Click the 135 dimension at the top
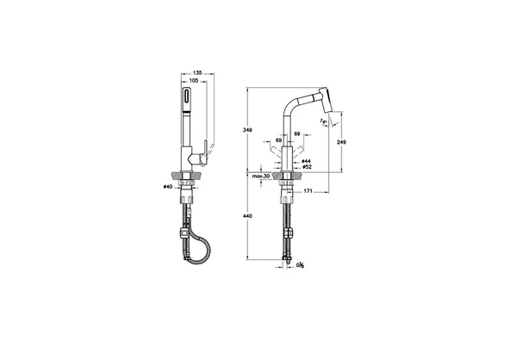(196, 73)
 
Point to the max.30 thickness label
(263, 176)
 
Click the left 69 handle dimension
(277, 136)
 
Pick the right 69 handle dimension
(297, 136)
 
